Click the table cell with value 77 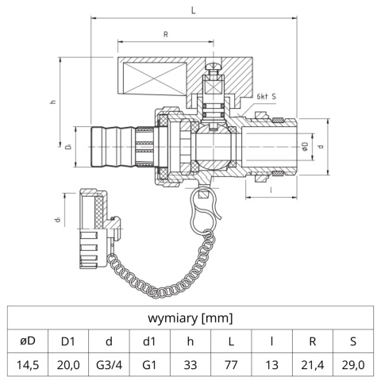pyautogui.click(x=231, y=366)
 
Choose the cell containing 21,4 pyautogui.click(x=314, y=366)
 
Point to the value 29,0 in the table pyautogui.click(x=355, y=366)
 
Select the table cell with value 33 pyautogui.click(x=190, y=366)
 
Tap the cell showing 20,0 pyautogui.click(x=67, y=366)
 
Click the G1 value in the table pyautogui.click(x=148, y=366)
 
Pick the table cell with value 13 pyautogui.click(x=272, y=366)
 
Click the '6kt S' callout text pyautogui.click(x=267, y=97)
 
